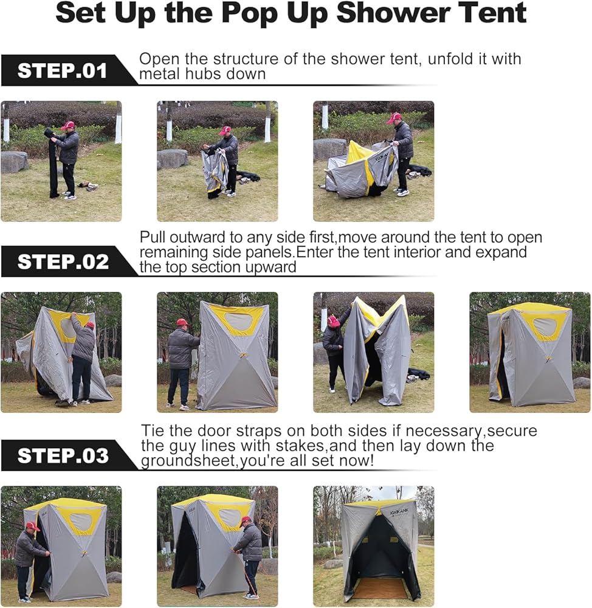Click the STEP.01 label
tap(62, 71)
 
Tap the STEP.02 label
tap(63, 261)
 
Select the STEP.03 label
tap(63, 455)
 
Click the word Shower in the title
tap(393, 13)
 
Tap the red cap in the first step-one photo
tap(68, 125)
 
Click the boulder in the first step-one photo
tap(15, 161)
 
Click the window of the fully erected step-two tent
tap(545, 326)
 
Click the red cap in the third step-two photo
tap(332, 320)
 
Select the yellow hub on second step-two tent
tap(243, 356)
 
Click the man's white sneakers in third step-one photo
tap(401, 192)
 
